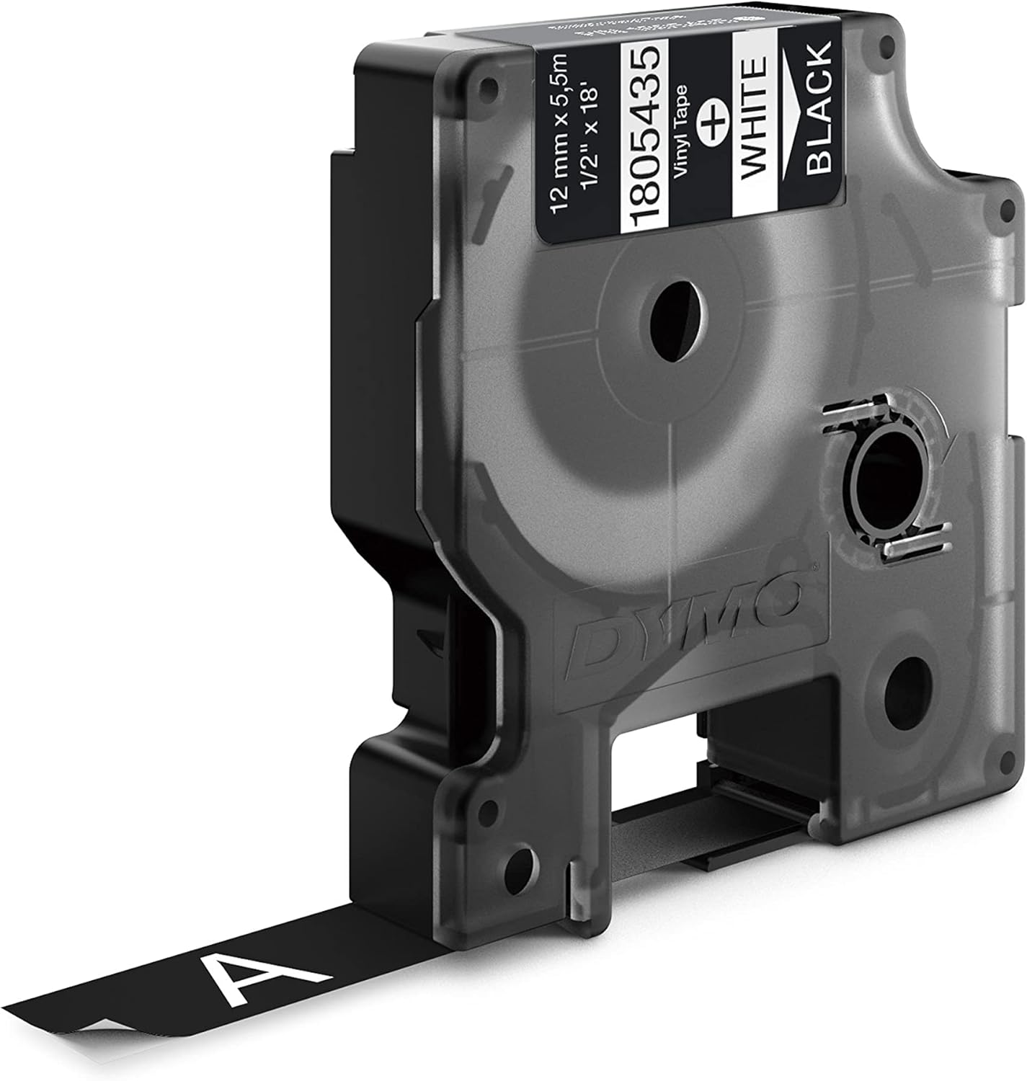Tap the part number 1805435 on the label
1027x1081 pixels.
(644, 135)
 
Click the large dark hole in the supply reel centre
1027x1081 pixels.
(676, 321)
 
